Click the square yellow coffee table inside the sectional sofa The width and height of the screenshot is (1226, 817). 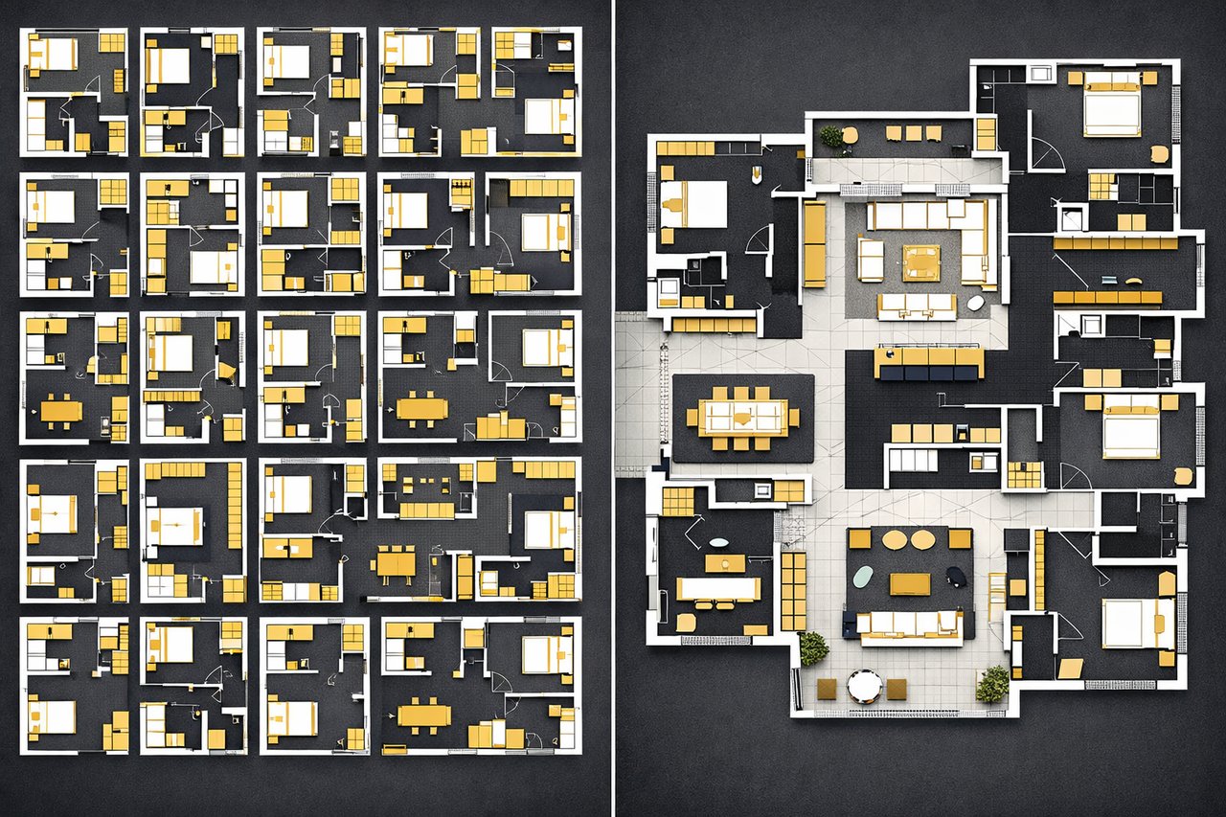(x=920, y=260)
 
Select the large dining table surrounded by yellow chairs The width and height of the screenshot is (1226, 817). (x=742, y=417)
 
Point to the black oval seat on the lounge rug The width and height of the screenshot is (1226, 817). (x=955, y=575)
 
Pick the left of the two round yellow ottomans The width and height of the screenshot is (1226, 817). (x=894, y=540)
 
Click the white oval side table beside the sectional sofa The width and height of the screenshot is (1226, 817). (x=976, y=304)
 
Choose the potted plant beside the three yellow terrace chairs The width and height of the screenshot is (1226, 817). (x=831, y=137)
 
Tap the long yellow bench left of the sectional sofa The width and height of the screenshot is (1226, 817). (x=814, y=243)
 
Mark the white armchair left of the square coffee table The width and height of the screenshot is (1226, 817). (x=870, y=260)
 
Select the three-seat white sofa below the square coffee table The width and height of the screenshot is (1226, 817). (x=917, y=306)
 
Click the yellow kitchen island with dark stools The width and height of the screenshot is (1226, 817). (x=928, y=362)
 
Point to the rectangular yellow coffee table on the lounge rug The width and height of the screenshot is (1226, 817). (x=909, y=583)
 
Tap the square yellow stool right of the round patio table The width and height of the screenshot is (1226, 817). (x=897, y=688)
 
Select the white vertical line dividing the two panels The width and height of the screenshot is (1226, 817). (x=612, y=408)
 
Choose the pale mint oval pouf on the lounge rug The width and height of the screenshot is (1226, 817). (x=863, y=577)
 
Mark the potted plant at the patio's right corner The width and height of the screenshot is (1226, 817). (x=992, y=683)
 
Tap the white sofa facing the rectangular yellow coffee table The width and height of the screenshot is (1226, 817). (x=910, y=624)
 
